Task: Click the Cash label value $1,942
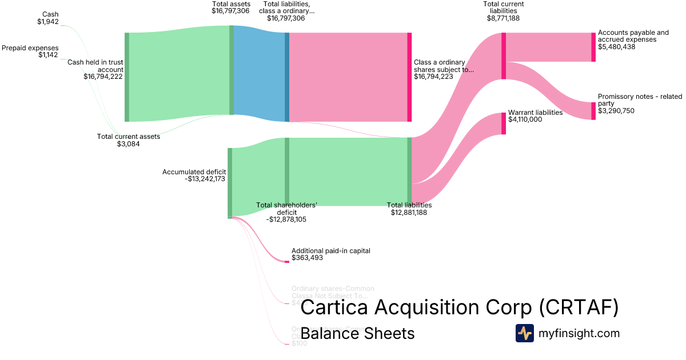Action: (47, 22)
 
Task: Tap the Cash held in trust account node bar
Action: (127, 77)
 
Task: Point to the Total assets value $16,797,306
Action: (230, 10)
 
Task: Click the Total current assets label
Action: (129, 137)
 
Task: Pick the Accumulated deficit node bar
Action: (230, 183)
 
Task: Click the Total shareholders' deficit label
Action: (286, 209)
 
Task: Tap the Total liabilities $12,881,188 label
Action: (409, 209)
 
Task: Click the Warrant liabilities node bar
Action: (504, 123)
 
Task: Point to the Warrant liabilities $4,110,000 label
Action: (535, 116)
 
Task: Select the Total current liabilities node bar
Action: (504, 56)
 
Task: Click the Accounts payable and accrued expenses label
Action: (633, 36)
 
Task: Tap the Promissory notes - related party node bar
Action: (593, 111)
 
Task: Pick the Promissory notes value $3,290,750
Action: (616, 111)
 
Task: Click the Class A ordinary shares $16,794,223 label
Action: (444, 69)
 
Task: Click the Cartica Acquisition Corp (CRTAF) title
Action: (459, 307)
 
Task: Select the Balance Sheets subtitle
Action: (357, 333)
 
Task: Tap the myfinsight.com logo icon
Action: (524, 333)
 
